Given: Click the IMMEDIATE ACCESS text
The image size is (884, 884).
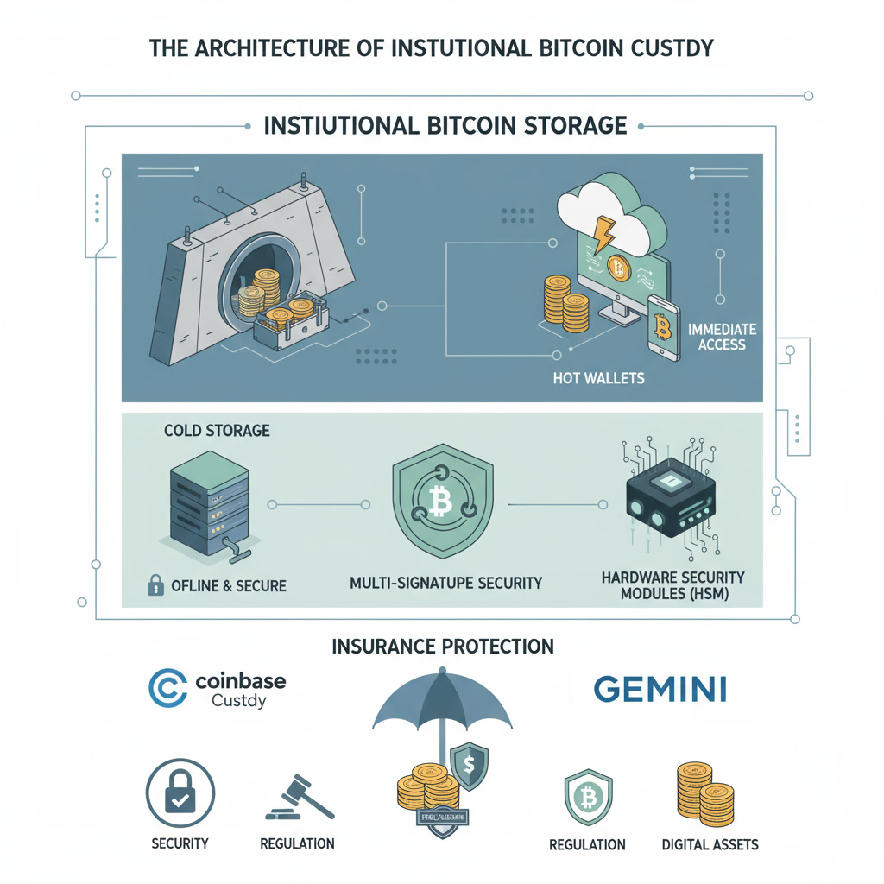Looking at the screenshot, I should click(x=722, y=337).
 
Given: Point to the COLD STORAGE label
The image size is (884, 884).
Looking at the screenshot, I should click(x=217, y=429).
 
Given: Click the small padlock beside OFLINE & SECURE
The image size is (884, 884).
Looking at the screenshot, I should click(x=155, y=585).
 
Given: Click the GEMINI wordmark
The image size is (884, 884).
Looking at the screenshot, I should click(x=660, y=689).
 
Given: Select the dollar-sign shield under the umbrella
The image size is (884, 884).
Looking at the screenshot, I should click(x=469, y=765).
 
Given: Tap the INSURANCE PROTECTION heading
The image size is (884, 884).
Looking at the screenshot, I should click(x=443, y=646).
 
